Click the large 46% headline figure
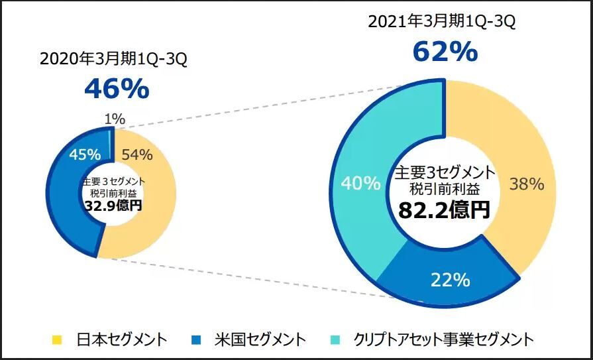[117, 89]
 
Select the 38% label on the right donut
[527, 184]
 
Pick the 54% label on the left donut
[138, 155]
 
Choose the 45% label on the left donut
[85, 154]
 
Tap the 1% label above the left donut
[114, 119]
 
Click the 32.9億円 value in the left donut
[113, 206]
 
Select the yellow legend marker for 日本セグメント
[57, 340]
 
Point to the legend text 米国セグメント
[259, 340]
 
